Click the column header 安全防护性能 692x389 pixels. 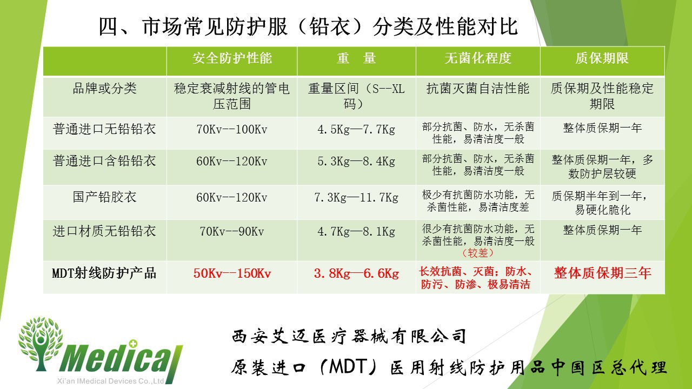(x=232, y=58)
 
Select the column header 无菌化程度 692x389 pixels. (x=478, y=58)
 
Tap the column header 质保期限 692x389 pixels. (x=602, y=58)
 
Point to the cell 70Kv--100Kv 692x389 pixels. (x=232, y=130)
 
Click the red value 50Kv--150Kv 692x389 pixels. (x=232, y=273)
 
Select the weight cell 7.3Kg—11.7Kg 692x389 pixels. (x=356, y=198)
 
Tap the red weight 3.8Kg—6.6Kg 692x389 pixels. (x=356, y=273)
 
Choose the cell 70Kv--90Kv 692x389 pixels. (x=232, y=232)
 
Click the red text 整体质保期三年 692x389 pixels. (x=602, y=273)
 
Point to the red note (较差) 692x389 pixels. (x=478, y=253)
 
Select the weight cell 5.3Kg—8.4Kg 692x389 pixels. (x=356, y=162)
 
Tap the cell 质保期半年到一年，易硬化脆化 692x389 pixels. (x=602, y=203)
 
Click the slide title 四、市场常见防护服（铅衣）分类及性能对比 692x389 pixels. (x=308, y=27)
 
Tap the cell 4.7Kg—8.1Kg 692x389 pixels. (x=356, y=232)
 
